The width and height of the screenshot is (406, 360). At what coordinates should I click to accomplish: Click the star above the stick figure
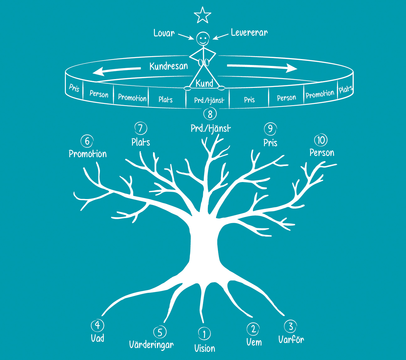click(x=202, y=15)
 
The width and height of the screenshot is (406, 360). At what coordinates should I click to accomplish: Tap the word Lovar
click(x=164, y=33)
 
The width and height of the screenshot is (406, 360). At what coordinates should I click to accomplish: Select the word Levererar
click(x=249, y=32)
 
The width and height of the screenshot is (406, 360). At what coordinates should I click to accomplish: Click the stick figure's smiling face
click(x=203, y=39)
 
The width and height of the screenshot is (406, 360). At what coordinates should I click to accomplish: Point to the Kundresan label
click(x=169, y=66)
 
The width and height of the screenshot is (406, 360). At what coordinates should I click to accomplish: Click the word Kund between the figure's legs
click(x=204, y=83)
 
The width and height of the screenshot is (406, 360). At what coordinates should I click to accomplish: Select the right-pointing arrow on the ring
click(x=262, y=67)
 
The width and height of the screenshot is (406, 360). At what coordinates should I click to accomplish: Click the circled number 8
click(x=210, y=114)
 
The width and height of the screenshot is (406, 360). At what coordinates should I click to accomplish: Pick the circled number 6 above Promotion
click(x=87, y=141)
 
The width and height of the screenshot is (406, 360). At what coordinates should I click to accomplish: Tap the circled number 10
click(x=321, y=140)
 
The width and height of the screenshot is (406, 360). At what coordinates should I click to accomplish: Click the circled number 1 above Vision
click(x=204, y=334)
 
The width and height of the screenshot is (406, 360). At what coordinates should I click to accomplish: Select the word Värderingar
click(x=151, y=345)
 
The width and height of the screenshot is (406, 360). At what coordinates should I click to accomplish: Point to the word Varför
click(x=291, y=339)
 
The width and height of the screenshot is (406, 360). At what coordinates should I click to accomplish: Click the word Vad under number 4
click(x=98, y=338)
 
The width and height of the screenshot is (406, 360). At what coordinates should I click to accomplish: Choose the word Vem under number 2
click(x=254, y=342)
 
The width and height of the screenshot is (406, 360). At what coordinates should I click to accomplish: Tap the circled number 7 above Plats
click(x=141, y=128)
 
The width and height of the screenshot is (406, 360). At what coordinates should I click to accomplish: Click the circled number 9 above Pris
click(x=270, y=129)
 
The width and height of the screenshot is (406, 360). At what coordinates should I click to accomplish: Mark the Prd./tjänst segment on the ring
click(x=209, y=100)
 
